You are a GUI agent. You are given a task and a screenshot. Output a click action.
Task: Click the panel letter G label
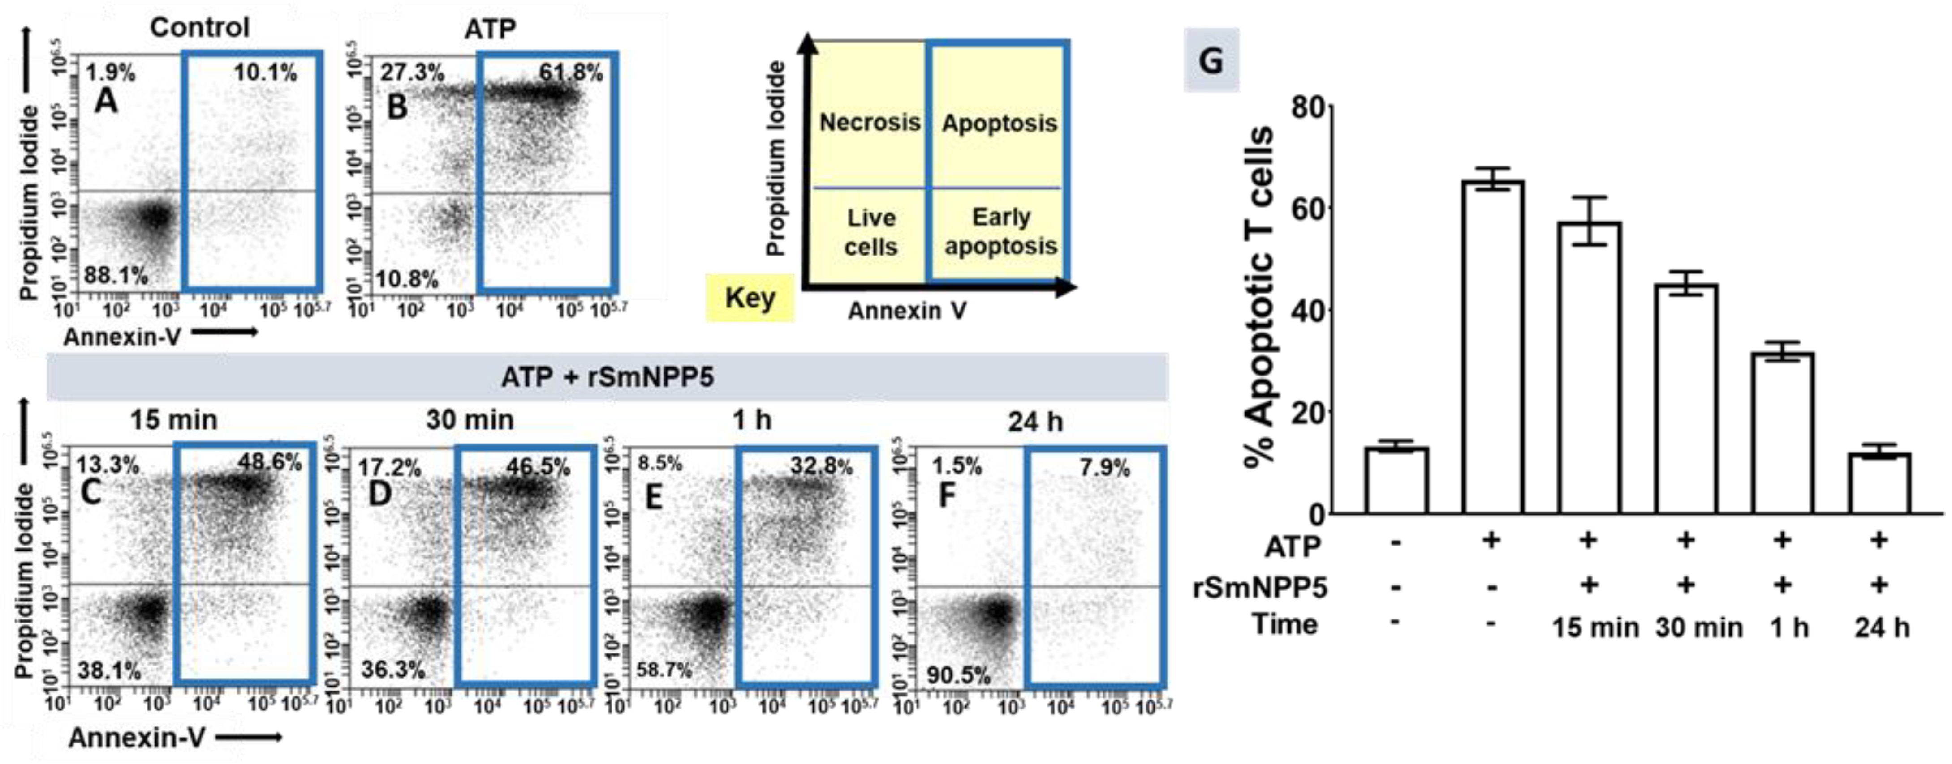pos(1211,60)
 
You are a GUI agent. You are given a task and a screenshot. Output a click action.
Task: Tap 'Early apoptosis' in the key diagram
pos(1000,232)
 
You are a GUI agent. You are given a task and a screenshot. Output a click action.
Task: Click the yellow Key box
pos(750,298)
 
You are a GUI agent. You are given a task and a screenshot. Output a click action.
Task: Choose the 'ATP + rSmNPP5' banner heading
pos(607,376)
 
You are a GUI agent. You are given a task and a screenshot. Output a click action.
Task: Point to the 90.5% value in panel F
pos(959,674)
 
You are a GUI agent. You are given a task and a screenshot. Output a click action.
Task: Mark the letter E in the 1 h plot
pos(653,497)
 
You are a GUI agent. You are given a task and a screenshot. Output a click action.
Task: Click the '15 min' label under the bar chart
pos(1594,627)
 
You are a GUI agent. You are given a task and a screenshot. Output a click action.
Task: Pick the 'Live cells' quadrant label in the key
pos(870,232)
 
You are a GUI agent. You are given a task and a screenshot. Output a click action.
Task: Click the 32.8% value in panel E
pos(821,465)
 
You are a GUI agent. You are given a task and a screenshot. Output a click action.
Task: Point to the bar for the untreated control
pos(1396,481)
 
